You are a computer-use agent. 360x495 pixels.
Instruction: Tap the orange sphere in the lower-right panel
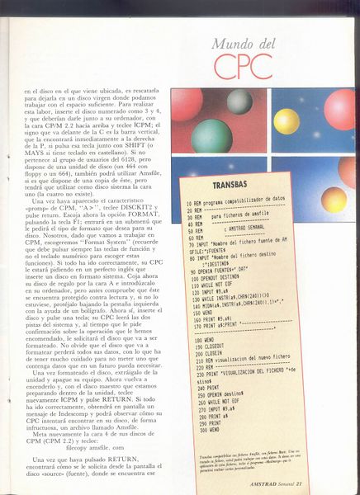(x=334, y=198)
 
